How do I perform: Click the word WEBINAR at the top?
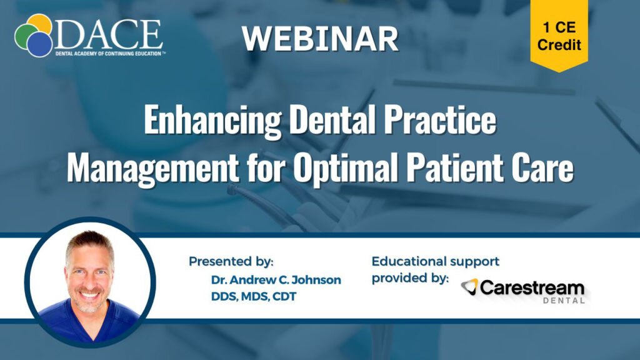[320, 39]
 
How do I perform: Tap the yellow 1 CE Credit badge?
[559, 35]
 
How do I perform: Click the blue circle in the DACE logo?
[39, 44]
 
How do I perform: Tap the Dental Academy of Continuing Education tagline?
[110, 54]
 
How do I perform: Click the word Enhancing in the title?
[212, 120]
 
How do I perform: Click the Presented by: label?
[231, 262]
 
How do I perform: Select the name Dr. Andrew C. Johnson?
[276, 280]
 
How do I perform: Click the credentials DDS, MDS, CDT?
[254, 297]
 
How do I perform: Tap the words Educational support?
[436, 261]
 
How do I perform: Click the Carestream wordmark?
[532, 288]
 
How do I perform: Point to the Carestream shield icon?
[470, 286]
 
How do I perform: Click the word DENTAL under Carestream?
[564, 301]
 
